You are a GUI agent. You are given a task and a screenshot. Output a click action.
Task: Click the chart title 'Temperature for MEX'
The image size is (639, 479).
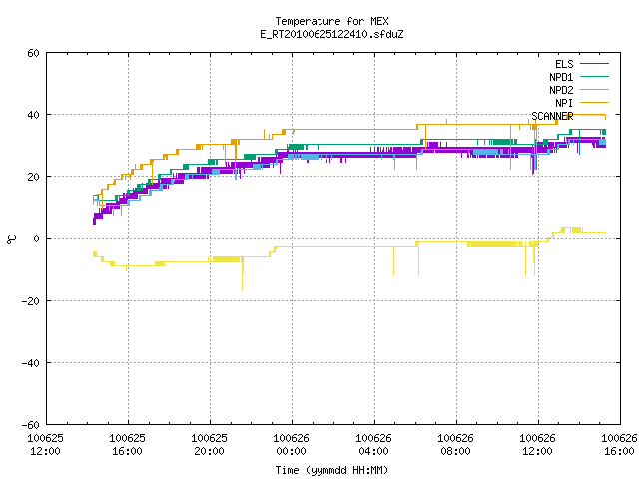[331, 21]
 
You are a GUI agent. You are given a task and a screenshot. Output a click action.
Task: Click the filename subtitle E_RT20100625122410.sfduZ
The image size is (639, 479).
[331, 34]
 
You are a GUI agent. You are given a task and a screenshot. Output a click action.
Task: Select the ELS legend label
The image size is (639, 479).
[564, 64]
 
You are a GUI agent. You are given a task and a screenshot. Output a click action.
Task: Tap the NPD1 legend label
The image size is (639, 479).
[561, 77]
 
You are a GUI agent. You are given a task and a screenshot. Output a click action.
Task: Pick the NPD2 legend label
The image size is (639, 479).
[561, 90]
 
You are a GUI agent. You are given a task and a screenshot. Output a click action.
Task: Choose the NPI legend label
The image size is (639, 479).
[564, 103]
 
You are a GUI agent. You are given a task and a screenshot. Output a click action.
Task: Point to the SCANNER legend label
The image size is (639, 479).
[552, 116]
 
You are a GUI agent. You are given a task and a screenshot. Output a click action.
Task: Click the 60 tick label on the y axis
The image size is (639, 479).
[33, 53]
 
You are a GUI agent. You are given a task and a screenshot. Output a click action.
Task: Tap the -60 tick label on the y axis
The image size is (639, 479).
[31, 425]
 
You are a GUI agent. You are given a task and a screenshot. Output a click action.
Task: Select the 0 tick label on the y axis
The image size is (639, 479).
[37, 239]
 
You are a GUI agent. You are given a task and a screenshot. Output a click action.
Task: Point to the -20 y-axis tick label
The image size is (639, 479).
[31, 301]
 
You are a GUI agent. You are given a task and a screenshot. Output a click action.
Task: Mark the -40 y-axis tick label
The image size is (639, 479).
[31, 363]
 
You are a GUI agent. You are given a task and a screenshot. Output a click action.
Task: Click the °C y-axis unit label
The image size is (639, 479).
[11, 239]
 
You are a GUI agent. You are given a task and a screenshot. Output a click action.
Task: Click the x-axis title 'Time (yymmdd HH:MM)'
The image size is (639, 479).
[331, 470]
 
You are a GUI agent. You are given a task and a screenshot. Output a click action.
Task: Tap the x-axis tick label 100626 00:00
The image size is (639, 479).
[291, 445]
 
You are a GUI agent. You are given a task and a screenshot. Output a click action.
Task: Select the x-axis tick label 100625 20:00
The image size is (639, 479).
[209, 445]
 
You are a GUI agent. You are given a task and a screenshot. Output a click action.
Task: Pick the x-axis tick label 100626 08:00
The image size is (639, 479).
[455, 445]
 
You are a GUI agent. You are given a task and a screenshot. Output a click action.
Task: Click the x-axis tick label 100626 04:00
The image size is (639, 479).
[373, 445]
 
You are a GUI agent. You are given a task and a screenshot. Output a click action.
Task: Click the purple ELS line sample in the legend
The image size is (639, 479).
[594, 64]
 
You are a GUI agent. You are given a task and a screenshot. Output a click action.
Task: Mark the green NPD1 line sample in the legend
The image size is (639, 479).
[594, 77]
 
